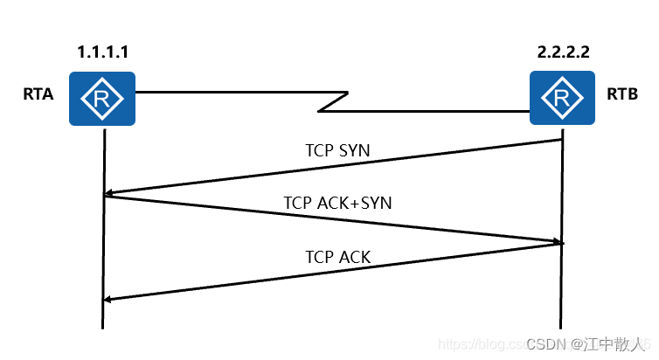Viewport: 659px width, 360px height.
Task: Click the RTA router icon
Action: [x=103, y=99]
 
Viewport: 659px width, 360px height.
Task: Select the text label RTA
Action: [x=38, y=94]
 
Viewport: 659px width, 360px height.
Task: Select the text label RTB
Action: [x=621, y=94]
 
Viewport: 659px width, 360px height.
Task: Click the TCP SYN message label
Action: [x=337, y=150]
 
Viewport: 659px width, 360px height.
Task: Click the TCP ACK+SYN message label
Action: [x=337, y=203]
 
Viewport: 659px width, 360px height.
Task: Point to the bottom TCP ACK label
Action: [x=337, y=257]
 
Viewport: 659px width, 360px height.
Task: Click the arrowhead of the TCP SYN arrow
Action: [x=108, y=194]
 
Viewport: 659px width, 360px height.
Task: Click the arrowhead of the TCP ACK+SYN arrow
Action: [x=557, y=242]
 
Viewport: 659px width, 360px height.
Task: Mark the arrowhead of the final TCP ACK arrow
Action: [x=108, y=300]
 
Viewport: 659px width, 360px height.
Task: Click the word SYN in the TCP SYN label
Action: [x=353, y=150]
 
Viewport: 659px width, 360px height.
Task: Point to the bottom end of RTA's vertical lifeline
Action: [x=103, y=327]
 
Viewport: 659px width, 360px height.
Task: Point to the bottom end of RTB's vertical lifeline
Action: [x=561, y=327]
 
